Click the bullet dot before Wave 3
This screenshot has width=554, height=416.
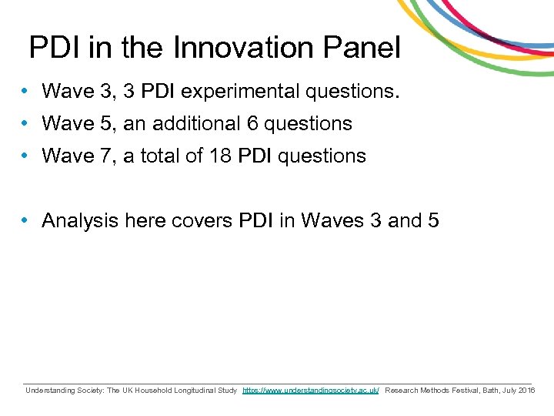(x=26, y=92)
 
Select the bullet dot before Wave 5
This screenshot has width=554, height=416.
(x=26, y=123)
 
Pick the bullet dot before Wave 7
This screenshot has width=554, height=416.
(x=26, y=156)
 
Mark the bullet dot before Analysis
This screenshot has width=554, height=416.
(x=26, y=220)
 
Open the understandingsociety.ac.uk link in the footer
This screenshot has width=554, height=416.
(x=311, y=391)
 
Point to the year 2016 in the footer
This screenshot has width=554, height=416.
(x=527, y=391)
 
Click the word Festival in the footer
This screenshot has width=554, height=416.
(x=459, y=391)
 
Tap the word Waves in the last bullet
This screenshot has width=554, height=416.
(x=333, y=220)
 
